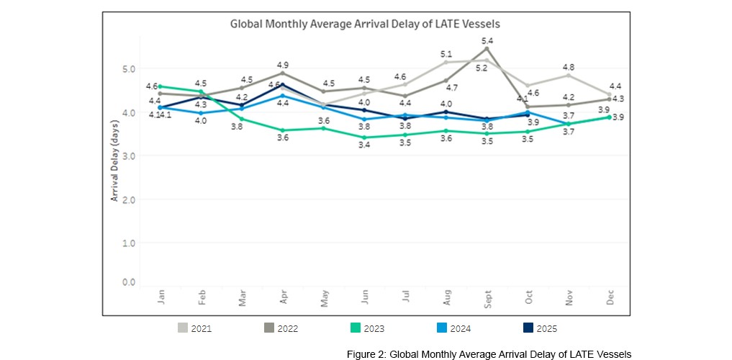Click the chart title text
(365, 24)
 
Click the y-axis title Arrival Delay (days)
(114, 161)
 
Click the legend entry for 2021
(196, 328)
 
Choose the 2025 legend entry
(537, 328)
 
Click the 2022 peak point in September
(488, 48)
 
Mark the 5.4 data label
(488, 40)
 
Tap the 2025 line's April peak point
(283, 84)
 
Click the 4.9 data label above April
(283, 65)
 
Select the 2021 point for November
(569, 75)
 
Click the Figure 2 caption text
(488, 354)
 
